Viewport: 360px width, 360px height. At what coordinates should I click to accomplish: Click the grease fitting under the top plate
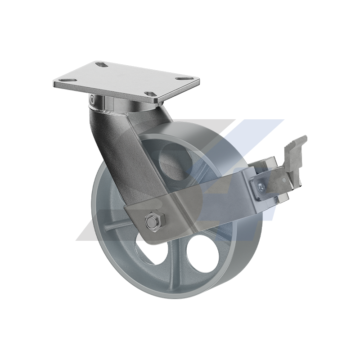point(92,99)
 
